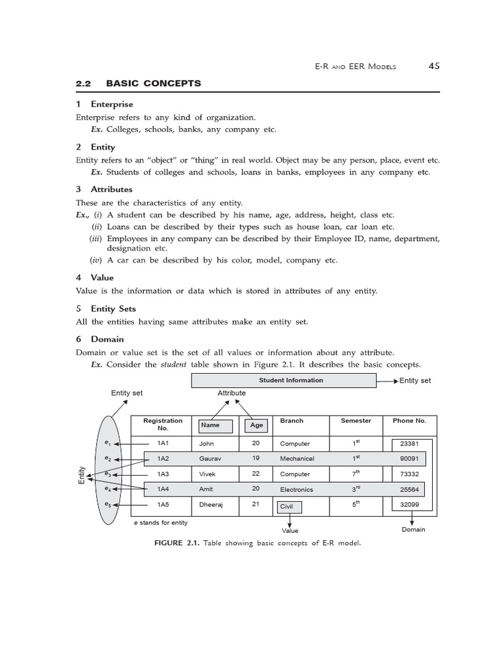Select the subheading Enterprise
(111, 104)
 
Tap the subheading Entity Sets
(113, 308)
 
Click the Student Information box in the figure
(291, 380)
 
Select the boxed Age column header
(256, 425)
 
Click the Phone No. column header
(409, 421)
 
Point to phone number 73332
(409, 474)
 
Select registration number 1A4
(163, 489)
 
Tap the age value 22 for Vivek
(256, 474)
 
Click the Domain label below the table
(413, 529)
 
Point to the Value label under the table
(290, 531)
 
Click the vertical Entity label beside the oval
(82, 474)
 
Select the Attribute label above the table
(231, 393)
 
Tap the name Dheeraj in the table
(212, 504)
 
